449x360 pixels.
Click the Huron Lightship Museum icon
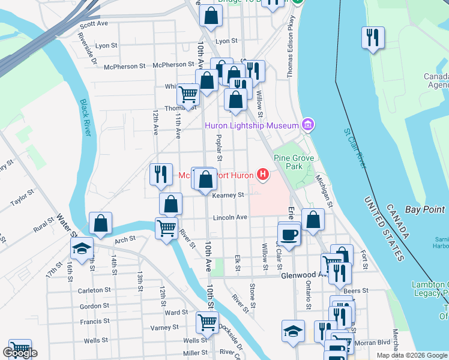pyautogui.click(x=308, y=125)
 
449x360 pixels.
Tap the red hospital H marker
pyautogui.click(x=262, y=175)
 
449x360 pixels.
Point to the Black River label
pyautogui.click(x=84, y=118)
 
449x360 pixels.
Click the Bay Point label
pyautogui.click(x=424, y=209)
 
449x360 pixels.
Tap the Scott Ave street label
pyautogui.click(x=94, y=24)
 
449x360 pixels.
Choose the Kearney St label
pyautogui.click(x=228, y=195)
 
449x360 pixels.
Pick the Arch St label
pyautogui.click(x=125, y=239)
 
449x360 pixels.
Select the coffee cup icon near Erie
pyautogui.click(x=289, y=234)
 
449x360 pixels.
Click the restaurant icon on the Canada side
pyautogui.click(x=373, y=38)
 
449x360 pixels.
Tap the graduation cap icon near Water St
pyautogui.click(x=82, y=250)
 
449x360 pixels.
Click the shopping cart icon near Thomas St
pyautogui.click(x=188, y=94)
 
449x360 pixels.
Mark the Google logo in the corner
pyautogui.click(x=20, y=353)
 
